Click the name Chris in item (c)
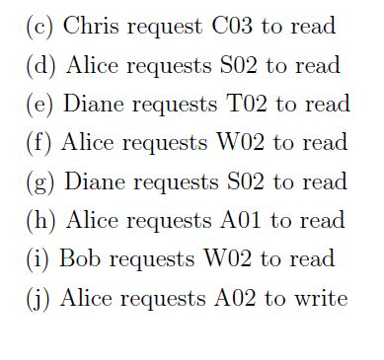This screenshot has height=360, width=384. click(87, 27)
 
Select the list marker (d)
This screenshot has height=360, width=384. click(40, 66)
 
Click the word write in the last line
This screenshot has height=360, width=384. click(321, 298)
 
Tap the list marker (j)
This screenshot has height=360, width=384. click(38, 299)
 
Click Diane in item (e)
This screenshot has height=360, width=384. click(95, 105)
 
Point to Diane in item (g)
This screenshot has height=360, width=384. click(96, 181)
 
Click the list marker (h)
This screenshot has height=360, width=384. click(40, 221)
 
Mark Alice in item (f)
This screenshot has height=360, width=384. click(89, 143)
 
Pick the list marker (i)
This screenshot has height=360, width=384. click(38, 259)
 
